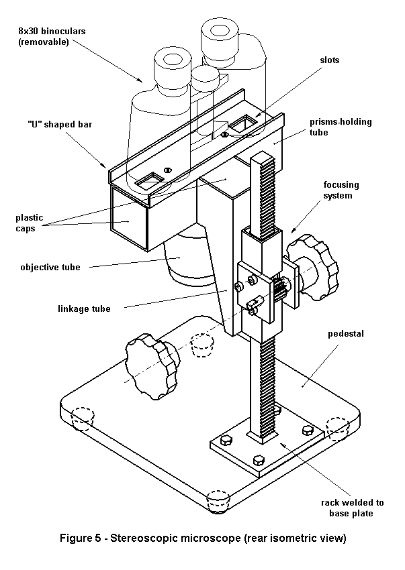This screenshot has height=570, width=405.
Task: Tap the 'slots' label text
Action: [x=329, y=60]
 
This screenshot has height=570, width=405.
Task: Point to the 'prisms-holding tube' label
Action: [x=341, y=127]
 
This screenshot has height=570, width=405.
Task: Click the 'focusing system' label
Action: [x=342, y=190]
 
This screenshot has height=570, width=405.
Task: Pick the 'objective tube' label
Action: [x=50, y=268]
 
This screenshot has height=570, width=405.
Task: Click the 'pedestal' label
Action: [x=345, y=333]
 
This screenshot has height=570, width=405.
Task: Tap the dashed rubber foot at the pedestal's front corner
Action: [x=218, y=500]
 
